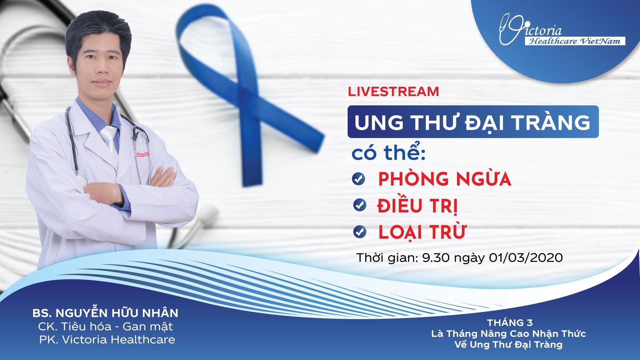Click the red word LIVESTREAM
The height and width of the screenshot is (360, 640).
click(x=393, y=91)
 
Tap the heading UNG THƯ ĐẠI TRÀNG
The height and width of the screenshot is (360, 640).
click(x=472, y=122)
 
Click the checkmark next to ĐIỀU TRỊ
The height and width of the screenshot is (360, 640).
click(x=360, y=205)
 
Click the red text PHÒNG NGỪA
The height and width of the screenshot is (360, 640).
click(x=444, y=179)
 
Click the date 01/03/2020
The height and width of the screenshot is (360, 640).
click(x=525, y=257)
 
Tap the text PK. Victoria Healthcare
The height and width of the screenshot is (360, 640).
click(x=107, y=340)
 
